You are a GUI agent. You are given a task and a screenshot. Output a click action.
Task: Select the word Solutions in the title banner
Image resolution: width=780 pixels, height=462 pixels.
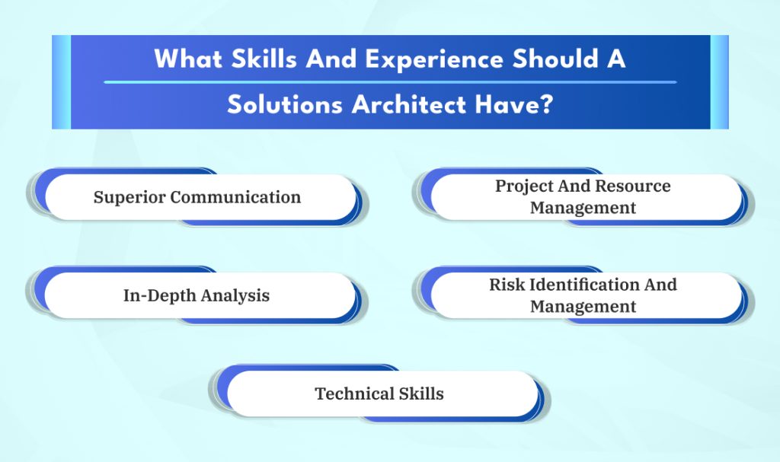pyautogui.click(x=285, y=104)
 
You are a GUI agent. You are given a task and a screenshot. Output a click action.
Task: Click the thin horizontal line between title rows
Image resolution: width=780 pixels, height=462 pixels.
pyautogui.click(x=390, y=82)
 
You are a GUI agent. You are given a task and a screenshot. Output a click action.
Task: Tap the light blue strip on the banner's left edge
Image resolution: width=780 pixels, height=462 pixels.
pyautogui.click(x=61, y=82)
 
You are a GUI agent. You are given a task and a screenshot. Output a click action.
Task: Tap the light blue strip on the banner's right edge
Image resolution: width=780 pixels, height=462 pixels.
pyautogui.click(x=720, y=82)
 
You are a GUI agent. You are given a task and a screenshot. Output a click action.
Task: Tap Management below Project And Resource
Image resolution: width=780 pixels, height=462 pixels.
pyautogui.click(x=583, y=208)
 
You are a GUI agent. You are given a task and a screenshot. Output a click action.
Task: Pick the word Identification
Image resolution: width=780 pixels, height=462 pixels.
pyautogui.click(x=583, y=285)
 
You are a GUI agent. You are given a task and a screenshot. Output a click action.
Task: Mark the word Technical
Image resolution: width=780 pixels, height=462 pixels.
pyautogui.click(x=355, y=393)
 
